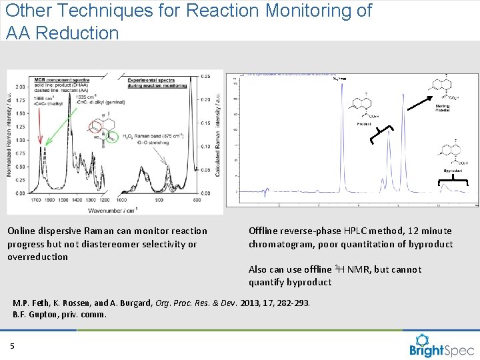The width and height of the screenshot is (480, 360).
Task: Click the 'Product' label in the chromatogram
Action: coord(364,124)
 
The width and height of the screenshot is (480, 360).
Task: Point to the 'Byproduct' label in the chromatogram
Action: coord(453,171)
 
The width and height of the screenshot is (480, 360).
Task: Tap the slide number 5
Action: coord(12,345)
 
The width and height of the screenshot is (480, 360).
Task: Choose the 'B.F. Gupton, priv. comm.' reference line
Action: coord(59,315)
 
